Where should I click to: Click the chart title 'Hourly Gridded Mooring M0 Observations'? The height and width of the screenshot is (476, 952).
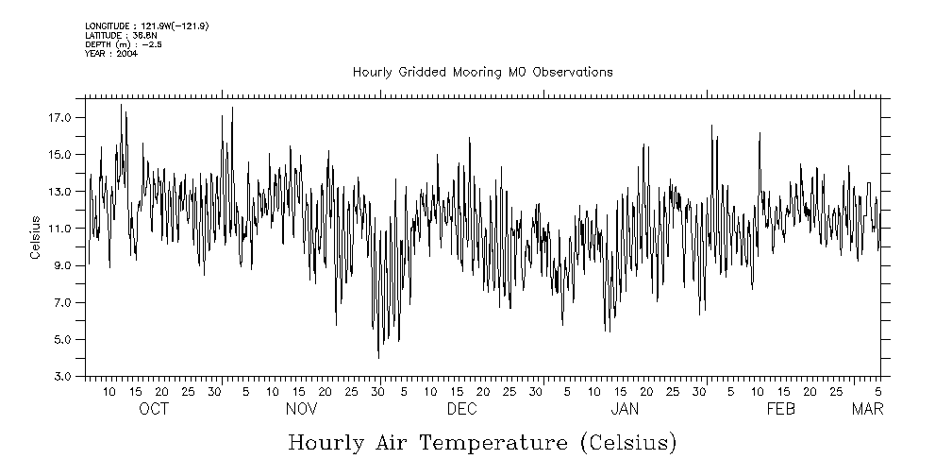pos(482,72)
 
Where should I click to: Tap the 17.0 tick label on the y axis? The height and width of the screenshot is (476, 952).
pos(60,117)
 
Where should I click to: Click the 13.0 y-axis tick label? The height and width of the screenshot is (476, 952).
pos(60,192)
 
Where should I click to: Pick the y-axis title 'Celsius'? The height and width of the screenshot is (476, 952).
pos(35,238)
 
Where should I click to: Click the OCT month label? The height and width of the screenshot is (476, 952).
pos(154,409)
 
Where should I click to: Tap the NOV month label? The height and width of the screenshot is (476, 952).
pos(301,409)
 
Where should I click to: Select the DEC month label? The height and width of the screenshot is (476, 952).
pos(461,409)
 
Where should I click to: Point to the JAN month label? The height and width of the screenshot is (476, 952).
pos(625,409)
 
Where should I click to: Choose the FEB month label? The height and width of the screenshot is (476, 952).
pos(781,409)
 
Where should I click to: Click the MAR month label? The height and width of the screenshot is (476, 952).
pos(868,409)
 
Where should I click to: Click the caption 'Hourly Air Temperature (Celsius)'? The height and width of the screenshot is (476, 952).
pos(482,442)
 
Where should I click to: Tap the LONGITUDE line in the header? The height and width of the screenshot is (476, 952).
pos(146,26)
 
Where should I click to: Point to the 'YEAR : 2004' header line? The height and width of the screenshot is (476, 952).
pos(111,53)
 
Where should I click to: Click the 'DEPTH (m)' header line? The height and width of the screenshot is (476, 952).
pos(123,44)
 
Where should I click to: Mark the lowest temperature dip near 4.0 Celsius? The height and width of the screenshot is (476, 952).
pos(378,357)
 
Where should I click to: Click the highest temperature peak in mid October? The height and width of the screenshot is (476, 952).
pos(121,105)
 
